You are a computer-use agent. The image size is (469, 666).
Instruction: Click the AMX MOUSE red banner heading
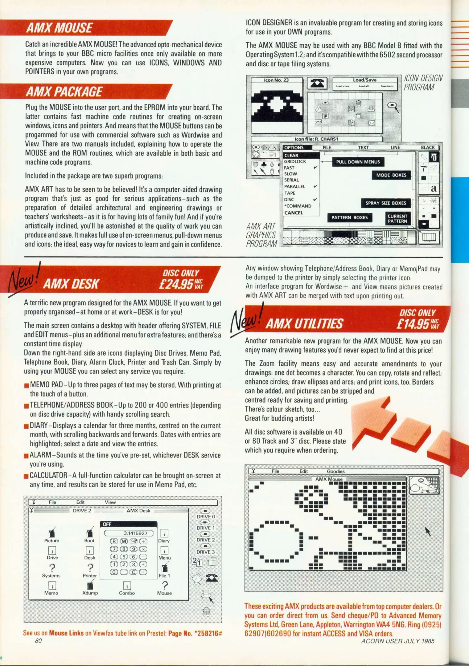[60, 28]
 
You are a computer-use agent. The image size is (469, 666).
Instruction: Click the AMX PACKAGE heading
[64, 92]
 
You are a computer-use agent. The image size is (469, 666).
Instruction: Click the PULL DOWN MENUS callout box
[358, 162]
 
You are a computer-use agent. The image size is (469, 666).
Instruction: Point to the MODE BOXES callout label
[391, 175]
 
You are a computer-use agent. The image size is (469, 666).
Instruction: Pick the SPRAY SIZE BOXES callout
[385, 203]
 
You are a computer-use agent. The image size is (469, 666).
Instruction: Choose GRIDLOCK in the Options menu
[295, 162]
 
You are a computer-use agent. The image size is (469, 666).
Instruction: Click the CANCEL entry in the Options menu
[294, 213]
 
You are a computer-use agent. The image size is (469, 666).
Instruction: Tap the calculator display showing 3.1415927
[129, 533]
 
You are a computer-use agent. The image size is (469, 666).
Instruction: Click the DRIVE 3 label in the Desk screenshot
[206, 552]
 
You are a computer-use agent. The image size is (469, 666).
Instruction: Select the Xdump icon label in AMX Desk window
[90, 593]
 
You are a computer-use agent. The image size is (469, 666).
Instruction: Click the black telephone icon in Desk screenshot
[212, 578]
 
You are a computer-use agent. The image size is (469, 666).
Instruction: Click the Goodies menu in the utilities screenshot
[335, 471]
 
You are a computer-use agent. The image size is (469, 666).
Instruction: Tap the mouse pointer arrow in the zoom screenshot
[427, 531]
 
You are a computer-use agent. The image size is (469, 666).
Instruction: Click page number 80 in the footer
[38, 641]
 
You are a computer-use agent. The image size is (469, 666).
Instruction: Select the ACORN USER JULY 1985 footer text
[397, 641]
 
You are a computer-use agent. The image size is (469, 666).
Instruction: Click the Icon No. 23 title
[276, 80]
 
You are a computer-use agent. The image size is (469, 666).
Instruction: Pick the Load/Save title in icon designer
[364, 80]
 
